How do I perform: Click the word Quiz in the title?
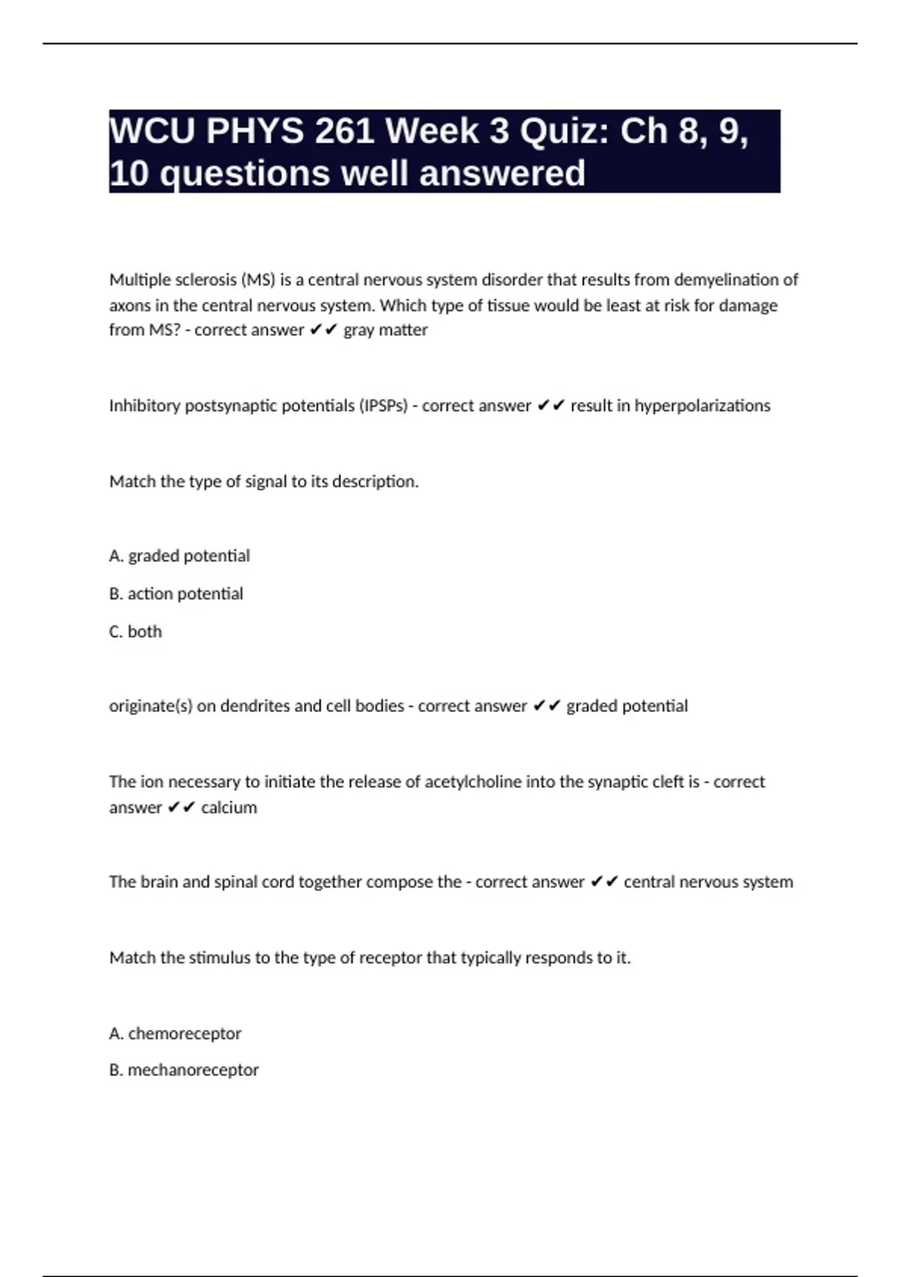[x=563, y=131]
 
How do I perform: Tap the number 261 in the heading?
[x=345, y=131]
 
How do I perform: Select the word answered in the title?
[x=502, y=174]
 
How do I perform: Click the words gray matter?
[x=385, y=330]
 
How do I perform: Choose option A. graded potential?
[x=179, y=556]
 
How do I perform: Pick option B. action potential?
[x=176, y=593]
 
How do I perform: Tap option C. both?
[x=135, y=631]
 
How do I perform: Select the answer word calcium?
[x=229, y=808]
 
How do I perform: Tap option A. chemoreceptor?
[x=175, y=1034]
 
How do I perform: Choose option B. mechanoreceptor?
[x=184, y=1070]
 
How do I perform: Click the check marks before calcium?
[x=181, y=808]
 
